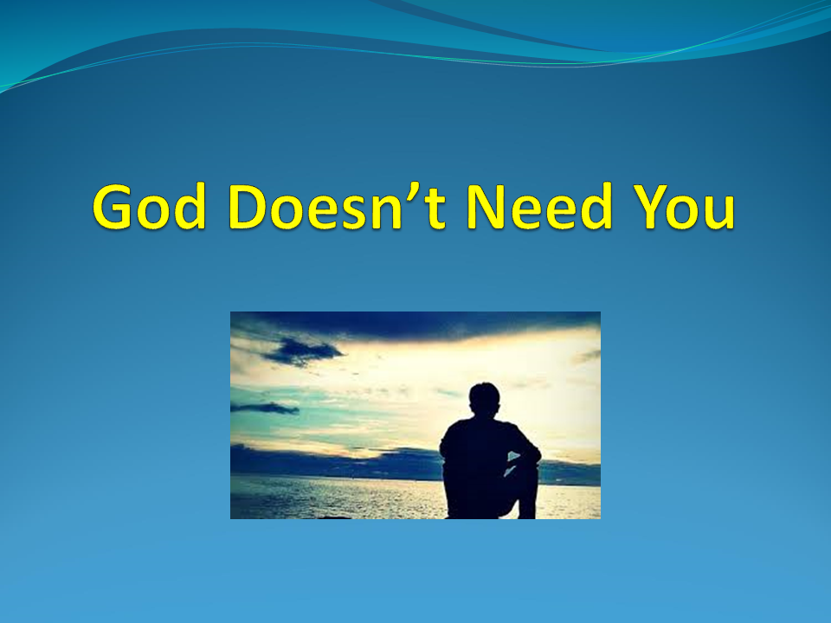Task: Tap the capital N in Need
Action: pyautogui.click(x=488, y=208)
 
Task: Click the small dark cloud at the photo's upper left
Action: pyautogui.click(x=302, y=350)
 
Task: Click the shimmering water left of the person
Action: pyautogui.click(x=346, y=498)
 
